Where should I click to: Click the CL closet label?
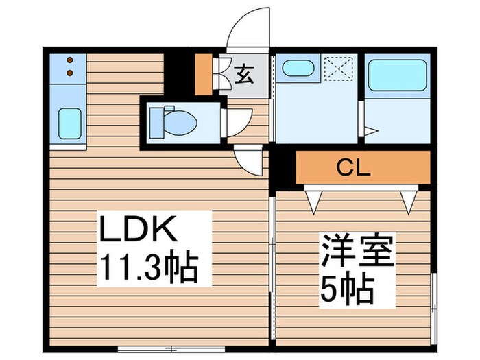[x=355, y=168]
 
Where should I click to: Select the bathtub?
[x=398, y=75]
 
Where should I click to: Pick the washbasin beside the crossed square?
[x=298, y=69]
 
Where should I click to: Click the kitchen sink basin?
[x=69, y=123]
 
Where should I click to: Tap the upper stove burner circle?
[x=69, y=60]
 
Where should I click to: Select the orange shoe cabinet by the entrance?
[x=204, y=74]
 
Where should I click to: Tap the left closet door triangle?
[x=315, y=200]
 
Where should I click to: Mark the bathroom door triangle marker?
[x=370, y=130]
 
